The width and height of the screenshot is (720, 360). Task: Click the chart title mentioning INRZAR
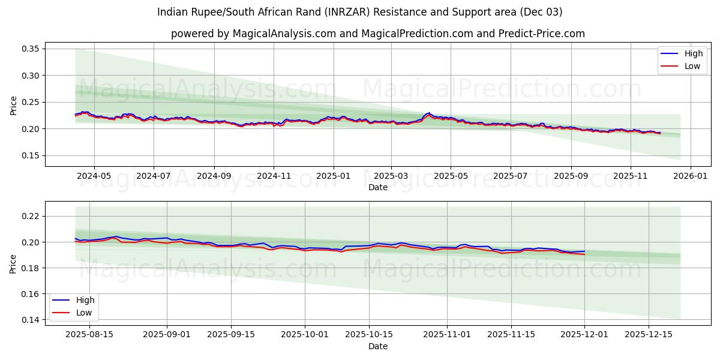click(x=359, y=12)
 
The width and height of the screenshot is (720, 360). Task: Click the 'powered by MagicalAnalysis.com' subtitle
click(x=377, y=34)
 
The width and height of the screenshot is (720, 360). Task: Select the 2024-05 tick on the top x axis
click(x=94, y=176)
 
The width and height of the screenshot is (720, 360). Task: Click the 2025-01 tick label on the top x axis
click(x=333, y=176)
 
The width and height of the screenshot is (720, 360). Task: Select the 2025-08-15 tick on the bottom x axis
click(x=89, y=335)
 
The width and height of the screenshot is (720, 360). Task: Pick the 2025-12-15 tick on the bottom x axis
click(x=649, y=335)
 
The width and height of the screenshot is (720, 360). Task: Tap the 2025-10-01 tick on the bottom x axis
click(x=305, y=335)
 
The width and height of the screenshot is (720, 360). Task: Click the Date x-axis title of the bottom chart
click(x=377, y=346)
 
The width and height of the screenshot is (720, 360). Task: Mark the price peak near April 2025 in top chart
click(x=428, y=113)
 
